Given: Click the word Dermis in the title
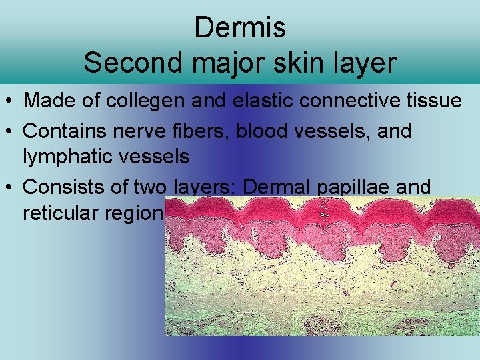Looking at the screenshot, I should tap(240, 28).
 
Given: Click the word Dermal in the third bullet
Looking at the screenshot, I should tap(272, 187).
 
